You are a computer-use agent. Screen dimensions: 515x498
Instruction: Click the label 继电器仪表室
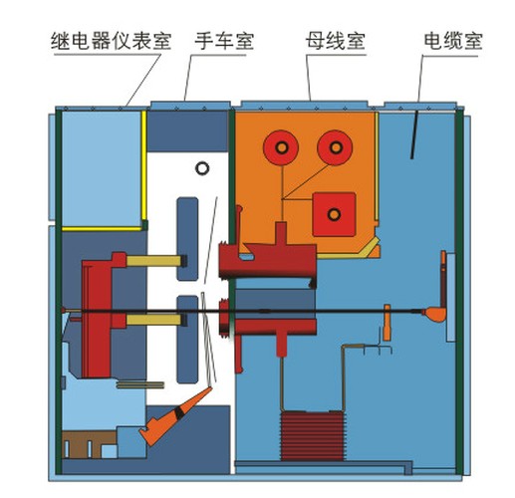point(111,41)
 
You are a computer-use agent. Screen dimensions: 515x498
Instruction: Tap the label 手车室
point(224,41)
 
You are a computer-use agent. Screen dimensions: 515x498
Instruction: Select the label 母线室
point(336,41)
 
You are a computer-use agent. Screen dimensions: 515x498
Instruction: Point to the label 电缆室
point(453,41)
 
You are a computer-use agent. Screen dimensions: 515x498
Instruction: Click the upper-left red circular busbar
point(281,147)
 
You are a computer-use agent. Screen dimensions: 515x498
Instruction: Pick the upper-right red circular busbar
point(335,147)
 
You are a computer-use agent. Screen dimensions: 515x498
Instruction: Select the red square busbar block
point(334,214)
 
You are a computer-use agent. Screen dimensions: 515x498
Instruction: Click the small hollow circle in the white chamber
point(202,168)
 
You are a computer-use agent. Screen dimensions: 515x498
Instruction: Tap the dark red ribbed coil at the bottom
point(312,436)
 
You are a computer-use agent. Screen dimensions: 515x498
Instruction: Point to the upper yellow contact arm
point(154,261)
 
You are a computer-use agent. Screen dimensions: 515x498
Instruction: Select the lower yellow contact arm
point(154,320)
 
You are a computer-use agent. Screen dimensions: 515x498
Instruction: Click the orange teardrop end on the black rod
point(434,314)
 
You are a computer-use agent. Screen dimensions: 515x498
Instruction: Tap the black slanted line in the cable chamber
point(415,134)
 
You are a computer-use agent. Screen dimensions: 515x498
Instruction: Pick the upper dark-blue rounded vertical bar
point(187,239)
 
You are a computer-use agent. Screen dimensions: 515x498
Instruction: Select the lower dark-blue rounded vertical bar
point(187,340)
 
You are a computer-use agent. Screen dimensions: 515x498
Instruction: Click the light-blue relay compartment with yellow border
point(103,168)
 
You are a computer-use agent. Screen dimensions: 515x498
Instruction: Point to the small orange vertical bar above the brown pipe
point(386,322)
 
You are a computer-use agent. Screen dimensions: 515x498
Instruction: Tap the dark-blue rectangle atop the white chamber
point(187,131)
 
